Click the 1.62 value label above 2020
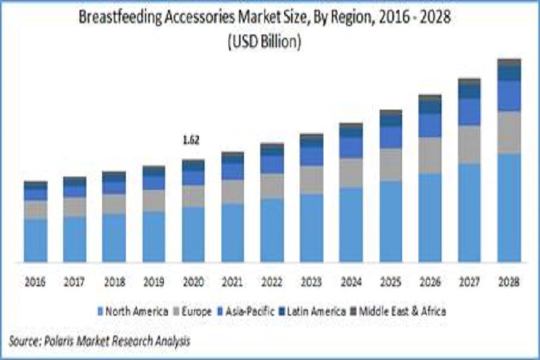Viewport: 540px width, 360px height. point(192,140)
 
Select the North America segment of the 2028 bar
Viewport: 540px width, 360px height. point(508,207)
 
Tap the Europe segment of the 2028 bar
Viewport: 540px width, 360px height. point(508,131)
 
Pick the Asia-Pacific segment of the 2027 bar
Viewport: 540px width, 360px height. point(469,111)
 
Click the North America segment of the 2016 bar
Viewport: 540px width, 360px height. point(35,240)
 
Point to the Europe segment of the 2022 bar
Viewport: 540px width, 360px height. point(271,185)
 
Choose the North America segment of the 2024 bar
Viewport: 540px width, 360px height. point(351,224)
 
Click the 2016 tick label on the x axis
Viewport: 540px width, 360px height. point(35,282)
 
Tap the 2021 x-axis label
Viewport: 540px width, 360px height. point(232,282)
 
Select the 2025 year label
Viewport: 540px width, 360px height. point(390,282)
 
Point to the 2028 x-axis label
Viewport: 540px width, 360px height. point(508,282)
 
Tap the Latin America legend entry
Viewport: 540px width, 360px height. point(313,310)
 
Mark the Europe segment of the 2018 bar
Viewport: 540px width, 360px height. point(114,203)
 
